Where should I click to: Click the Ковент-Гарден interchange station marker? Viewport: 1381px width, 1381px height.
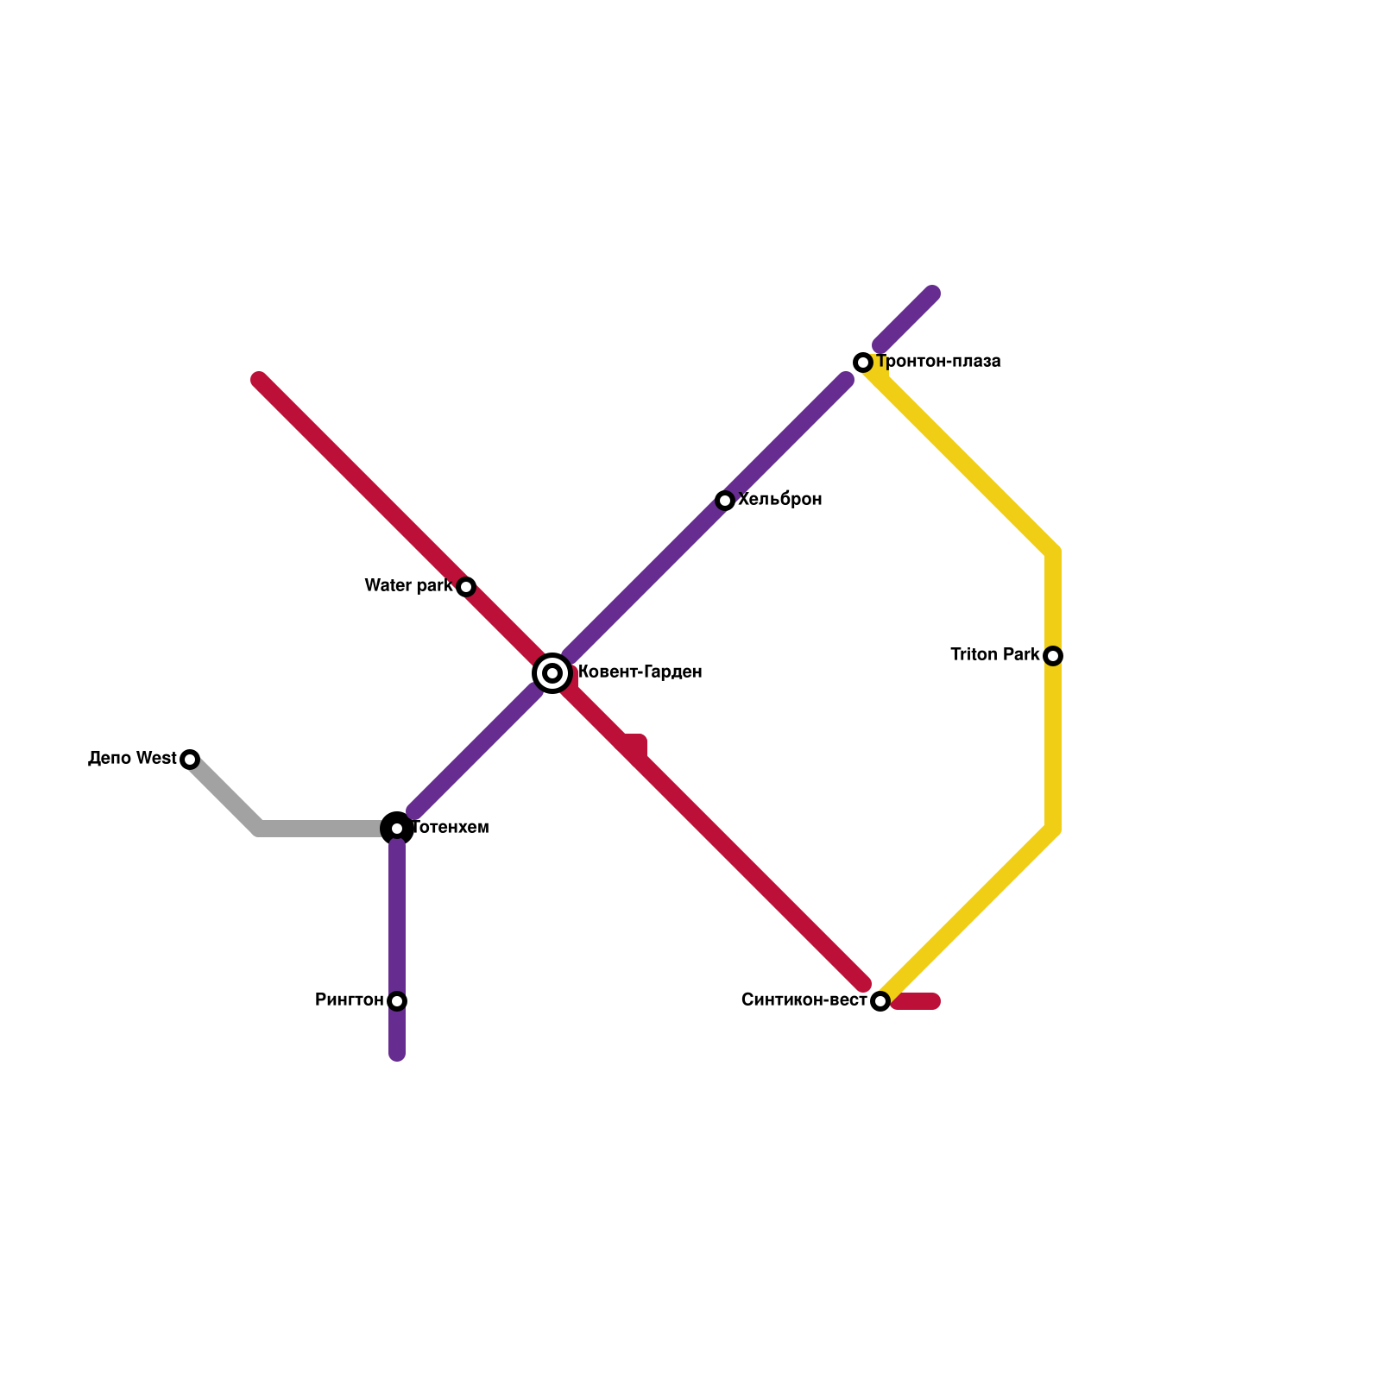(x=552, y=673)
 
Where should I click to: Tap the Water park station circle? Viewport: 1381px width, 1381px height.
(x=466, y=587)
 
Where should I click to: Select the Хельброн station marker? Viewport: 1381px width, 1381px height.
(x=725, y=501)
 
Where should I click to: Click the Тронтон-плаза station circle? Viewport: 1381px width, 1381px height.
(x=863, y=363)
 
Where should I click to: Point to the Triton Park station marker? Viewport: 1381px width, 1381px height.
(x=1053, y=656)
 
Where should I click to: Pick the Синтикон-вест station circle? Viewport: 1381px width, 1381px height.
(x=880, y=1001)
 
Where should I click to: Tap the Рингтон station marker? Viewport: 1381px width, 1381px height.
(x=397, y=1001)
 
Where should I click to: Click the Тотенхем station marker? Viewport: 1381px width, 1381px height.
(x=397, y=829)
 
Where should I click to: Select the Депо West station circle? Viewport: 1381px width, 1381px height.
(x=190, y=760)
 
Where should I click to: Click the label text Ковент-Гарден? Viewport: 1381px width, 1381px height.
(x=640, y=672)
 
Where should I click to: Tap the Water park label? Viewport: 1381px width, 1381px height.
(x=408, y=586)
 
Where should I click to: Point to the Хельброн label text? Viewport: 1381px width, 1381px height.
(x=780, y=500)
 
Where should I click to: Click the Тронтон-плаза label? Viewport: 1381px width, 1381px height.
(x=939, y=362)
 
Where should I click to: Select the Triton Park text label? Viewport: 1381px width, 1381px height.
(x=995, y=655)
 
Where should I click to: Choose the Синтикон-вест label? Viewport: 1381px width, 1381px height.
(x=804, y=1000)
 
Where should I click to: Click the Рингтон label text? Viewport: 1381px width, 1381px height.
(x=350, y=1000)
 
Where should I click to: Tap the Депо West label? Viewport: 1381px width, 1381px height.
(x=132, y=759)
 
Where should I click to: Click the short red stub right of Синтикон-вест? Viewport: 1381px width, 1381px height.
(x=917, y=1001)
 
